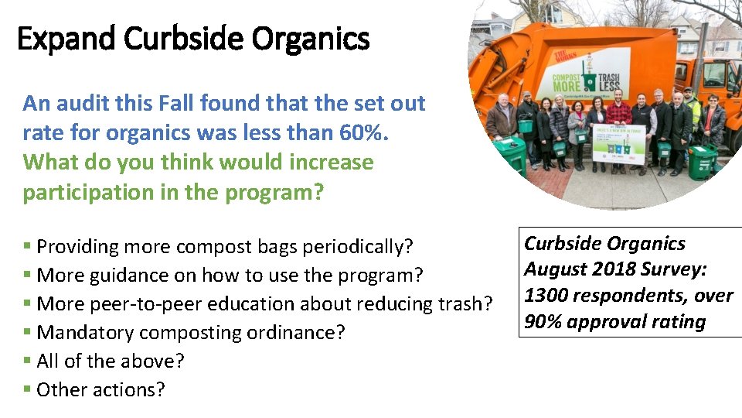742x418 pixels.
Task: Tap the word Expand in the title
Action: pyautogui.click(x=66, y=38)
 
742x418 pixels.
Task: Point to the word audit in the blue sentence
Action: pyautogui.click(x=78, y=103)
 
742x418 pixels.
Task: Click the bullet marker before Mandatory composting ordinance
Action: pyautogui.click(x=27, y=332)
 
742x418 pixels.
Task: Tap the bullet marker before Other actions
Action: pyautogui.click(x=27, y=389)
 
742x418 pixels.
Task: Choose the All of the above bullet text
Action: pyautogui.click(x=111, y=361)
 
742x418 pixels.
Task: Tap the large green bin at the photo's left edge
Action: pyautogui.click(x=511, y=154)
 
